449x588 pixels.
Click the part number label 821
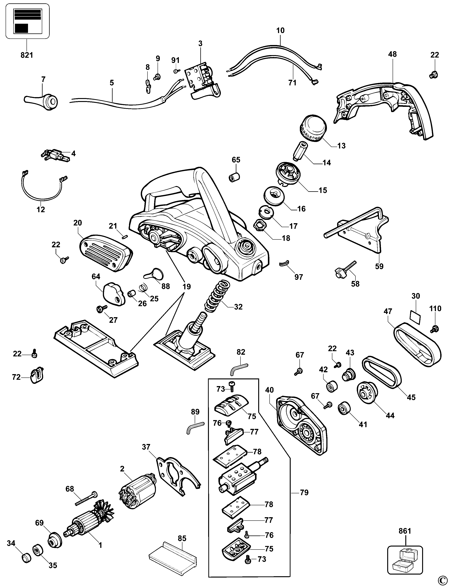(x=27, y=55)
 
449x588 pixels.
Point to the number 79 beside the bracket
(x=304, y=492)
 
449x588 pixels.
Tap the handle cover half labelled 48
(x=385, y=107)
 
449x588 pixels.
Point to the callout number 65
(x=236, y=160)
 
